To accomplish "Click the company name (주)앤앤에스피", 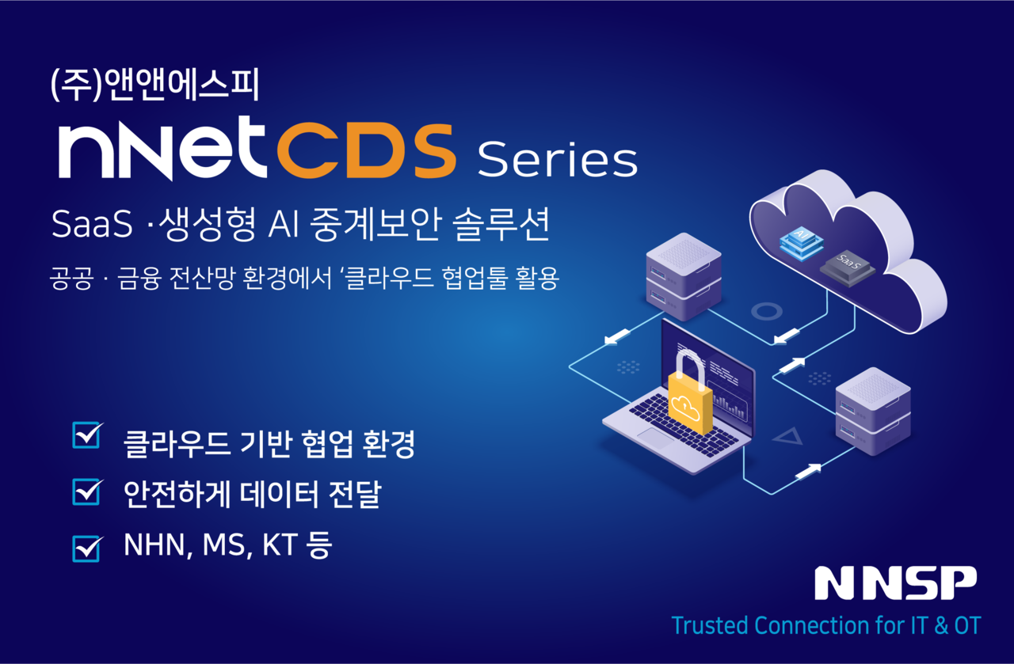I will point(154,86).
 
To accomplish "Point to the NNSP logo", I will point(895,583).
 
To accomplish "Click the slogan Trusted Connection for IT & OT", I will point(825,625).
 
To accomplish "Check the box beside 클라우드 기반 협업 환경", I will point(86,435).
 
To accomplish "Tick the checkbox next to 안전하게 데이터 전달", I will point(86,491).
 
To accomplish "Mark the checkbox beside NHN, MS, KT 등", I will point(86,547).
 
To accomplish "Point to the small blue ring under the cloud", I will point(766,311).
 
